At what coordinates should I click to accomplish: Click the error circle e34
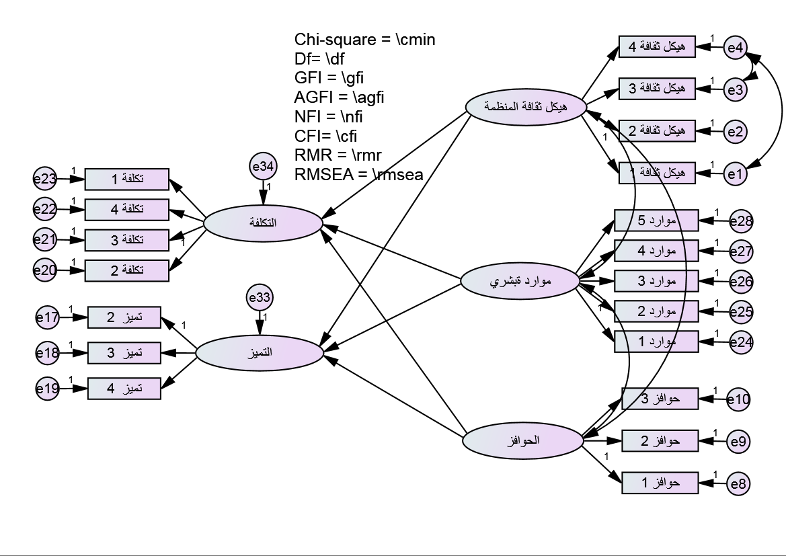coord(263,166)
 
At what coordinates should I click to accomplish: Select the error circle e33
coord(260,298)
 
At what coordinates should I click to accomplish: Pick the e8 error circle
coord(738,483)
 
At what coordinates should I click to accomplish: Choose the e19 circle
coord(48,388)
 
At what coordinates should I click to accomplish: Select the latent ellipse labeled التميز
coord(259,352)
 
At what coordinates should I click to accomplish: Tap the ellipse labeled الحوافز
coord(523,441)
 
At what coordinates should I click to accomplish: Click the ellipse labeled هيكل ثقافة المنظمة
coord(526,107)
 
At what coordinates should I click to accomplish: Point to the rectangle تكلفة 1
coord(126,180)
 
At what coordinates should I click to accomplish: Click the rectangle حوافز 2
coord(660,441)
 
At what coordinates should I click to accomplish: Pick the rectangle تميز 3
coord(124,352)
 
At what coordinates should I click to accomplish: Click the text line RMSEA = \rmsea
coord(359,175)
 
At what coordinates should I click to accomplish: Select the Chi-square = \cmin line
coord(365,40)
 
